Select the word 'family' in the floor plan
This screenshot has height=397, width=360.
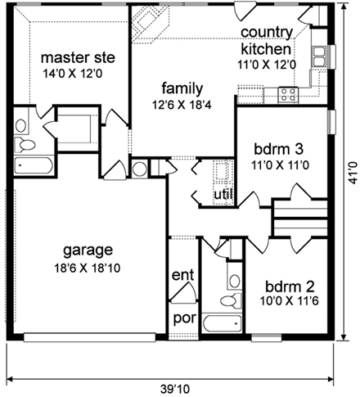pyautogui.click(x=182, y=87)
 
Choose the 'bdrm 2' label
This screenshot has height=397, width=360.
pyautogui.click(x=289, y=287)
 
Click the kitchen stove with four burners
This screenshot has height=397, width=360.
pyautogui.click(x=288, y=93)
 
